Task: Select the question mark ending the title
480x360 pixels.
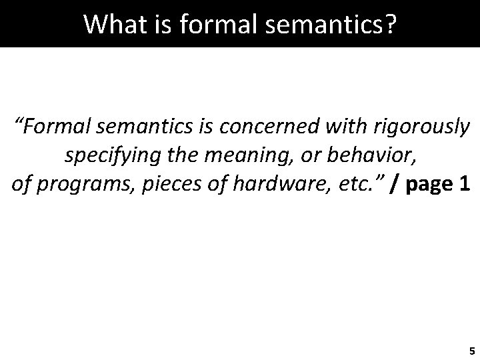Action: pos(391,25)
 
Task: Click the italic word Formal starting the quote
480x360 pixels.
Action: pos(57,127)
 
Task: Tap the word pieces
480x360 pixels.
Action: pos(139,185)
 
